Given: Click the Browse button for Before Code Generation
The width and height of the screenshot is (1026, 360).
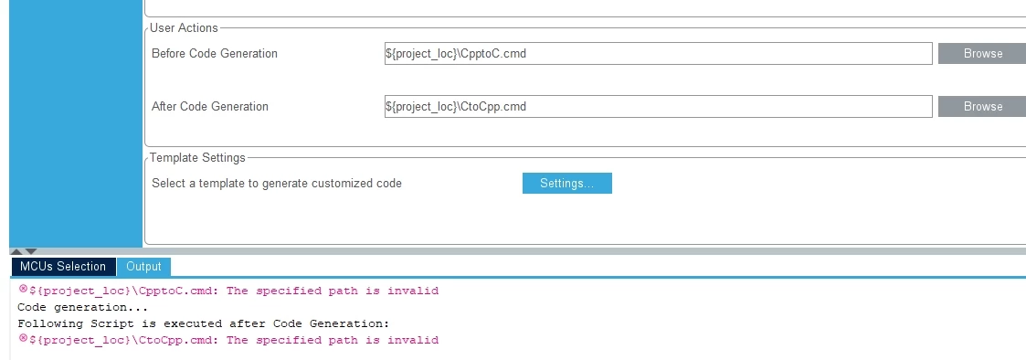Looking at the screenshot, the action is point(982,54).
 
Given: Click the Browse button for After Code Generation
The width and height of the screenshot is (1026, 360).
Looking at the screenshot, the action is point(982,107).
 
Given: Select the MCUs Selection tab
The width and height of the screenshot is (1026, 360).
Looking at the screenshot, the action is point(63,267).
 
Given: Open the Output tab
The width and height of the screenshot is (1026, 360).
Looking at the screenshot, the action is point(144,267).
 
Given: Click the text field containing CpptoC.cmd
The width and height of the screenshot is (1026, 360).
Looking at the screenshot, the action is point(658,54).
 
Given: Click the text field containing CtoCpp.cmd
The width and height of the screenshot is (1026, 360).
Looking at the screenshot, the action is point(658,107).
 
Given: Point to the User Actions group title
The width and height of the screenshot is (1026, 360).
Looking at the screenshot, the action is point(184,27).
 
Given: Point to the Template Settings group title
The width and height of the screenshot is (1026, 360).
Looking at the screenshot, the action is point(197,158).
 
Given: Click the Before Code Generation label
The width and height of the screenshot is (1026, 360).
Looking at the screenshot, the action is point(215,54).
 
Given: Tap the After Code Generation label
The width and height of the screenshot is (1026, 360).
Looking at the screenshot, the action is point(210,107).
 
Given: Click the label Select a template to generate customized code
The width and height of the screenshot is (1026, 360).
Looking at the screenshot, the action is point(277,184).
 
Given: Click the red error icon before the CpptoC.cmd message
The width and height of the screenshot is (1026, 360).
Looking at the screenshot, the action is point(24,289).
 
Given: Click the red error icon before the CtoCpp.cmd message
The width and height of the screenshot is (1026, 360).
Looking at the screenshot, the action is point(24,338).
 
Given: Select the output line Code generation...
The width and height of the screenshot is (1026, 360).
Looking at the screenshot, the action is point(83,308).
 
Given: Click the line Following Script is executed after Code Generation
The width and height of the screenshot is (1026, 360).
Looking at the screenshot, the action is point(204,324).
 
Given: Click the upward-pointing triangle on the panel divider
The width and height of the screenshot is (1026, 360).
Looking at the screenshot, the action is point(17,251).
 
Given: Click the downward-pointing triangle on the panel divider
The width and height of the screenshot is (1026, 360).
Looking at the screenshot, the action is point(31,251).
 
